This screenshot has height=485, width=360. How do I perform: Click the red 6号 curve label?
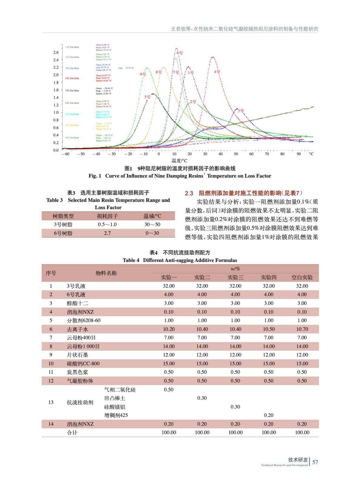click(x=180, y=53)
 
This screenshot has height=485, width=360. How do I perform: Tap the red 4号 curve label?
click(x=217, y=72)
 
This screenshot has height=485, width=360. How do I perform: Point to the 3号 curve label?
click(x=241, y=111)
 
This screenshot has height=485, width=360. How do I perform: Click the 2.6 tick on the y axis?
click(x=56, y=52)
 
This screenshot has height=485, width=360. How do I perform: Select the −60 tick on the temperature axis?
click(x=66, y=154)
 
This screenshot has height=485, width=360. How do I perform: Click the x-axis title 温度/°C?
click(x=180, y=161)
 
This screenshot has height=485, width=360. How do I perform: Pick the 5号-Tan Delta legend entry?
click(x=72, y=91)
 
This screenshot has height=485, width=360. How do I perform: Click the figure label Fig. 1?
click(x=95, y=176)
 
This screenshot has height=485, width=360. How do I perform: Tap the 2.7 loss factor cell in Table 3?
click(x=107, y=233)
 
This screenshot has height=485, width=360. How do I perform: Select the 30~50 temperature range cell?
click(x=152, y=225)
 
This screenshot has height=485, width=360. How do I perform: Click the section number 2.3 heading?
click(x=189, y=193)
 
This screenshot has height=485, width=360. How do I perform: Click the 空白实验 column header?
click(x=302, y=277)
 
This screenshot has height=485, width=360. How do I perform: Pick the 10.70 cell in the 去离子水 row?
click(x=302, y=329)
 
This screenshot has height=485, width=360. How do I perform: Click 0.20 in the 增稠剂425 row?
click(x=268, y=415)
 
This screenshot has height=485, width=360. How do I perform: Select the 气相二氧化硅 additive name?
click(x=120, y=390)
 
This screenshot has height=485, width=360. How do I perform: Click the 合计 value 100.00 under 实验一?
click(x=169, y=433)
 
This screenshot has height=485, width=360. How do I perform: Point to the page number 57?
click(x=315, y=462)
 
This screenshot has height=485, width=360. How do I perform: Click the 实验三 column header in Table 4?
click(x=235, y=277)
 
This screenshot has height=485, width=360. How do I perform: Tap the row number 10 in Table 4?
click(x=51, y=364)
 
